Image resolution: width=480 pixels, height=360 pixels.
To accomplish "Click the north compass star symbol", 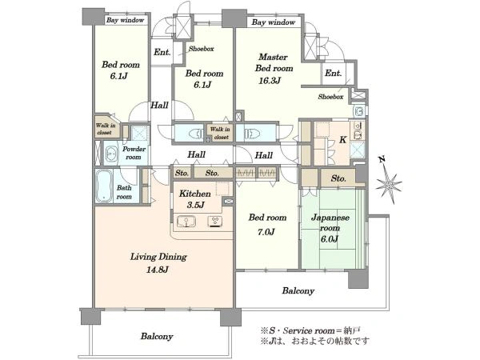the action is [x=388, y=184].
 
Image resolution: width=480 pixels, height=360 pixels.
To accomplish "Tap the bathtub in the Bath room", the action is [x=103, y=186].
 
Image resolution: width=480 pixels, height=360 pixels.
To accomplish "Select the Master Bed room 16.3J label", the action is [x=274, y=69].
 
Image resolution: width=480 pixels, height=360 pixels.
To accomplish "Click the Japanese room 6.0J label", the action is [x=330, y=228].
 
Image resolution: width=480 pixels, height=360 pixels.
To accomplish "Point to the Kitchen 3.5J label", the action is [x=195, y=199].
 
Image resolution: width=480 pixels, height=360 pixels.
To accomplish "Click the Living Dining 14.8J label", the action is [x=158, y=263].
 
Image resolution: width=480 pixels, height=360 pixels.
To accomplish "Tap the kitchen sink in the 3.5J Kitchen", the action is [x=186, y=222].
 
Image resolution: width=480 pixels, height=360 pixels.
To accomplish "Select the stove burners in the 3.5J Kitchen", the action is [x=215, y=222].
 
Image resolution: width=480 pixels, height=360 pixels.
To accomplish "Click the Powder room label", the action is [x=134, y=153].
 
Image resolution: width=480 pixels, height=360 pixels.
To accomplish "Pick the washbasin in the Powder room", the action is [x=111, y=154].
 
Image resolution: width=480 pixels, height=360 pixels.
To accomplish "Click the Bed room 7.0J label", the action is [x=267, y=224].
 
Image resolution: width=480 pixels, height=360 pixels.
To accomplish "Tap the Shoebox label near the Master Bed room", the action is [x=330, y=97].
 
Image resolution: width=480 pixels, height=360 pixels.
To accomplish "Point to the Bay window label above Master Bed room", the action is [x=274, y=22].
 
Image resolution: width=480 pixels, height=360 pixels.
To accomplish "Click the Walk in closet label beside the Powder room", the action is [x=106, y=129].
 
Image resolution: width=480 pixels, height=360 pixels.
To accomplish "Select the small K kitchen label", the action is [x=343, y=140].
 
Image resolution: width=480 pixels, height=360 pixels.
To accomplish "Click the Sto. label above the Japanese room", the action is [x=338, y=178].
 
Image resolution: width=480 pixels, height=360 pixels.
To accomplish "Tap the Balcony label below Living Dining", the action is [x=157, y=337].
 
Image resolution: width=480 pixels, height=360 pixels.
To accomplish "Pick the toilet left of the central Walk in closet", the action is [x=196, y=134].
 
